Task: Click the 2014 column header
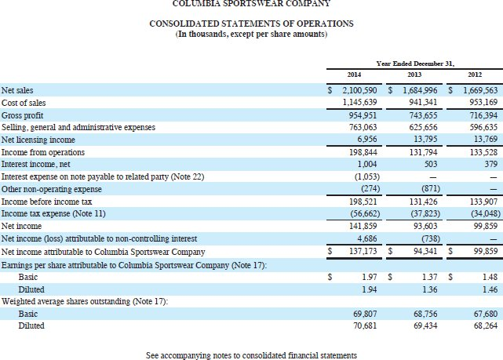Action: (354, 75)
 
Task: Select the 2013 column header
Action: (414, 75)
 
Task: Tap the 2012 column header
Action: (476, 75)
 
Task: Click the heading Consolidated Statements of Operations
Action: (251, 24)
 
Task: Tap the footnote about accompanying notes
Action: (251, 355)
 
